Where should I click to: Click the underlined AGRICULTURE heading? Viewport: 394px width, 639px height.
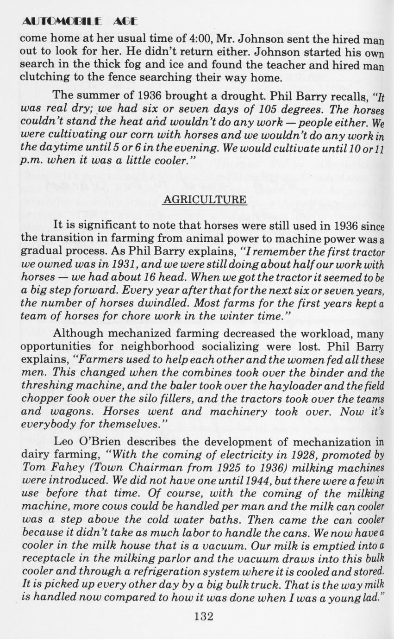click(204, 200)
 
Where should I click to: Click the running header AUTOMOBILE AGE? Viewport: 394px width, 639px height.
click(80, 21)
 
